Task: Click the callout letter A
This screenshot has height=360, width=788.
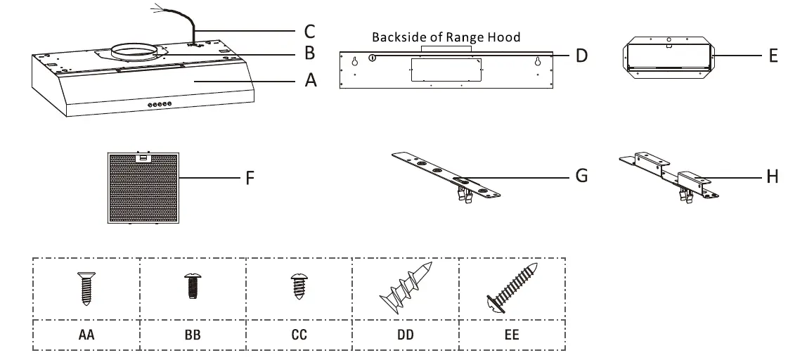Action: click(311, 82)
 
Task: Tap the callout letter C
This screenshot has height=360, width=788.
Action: click(310, 32)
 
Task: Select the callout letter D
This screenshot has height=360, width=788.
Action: click(581, 55)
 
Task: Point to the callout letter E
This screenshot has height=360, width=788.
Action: click(773, 56)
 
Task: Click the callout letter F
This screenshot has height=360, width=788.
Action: click(250, 179)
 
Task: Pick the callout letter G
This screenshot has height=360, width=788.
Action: click(581, 176)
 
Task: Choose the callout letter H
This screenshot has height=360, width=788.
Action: click(773, 176)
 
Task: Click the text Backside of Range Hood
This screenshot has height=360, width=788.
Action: click(446, 37)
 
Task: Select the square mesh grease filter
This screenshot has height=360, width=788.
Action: click(143, 188)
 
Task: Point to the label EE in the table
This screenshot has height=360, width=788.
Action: click(512, 335)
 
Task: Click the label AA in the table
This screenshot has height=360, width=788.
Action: click(86, 335)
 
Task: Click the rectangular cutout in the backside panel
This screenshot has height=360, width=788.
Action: click(444, 69)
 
